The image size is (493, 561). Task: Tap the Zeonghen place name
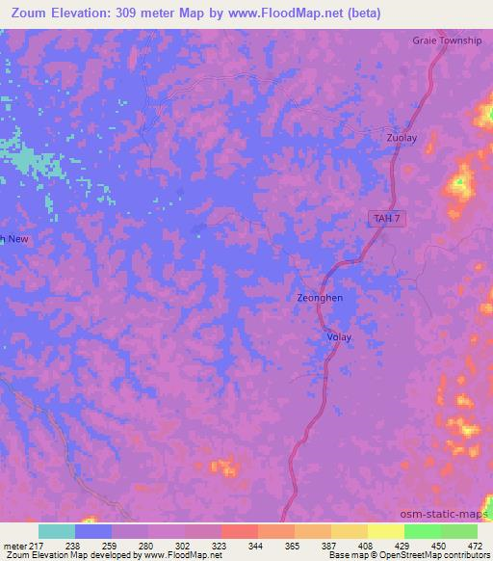pos(320,298)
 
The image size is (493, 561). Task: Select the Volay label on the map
pos(339,337)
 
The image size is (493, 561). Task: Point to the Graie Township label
pos(447,40)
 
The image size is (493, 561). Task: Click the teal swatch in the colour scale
pos(57,531)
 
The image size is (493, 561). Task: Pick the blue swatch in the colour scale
pos(93,531)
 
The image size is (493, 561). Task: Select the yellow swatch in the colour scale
pos(386,531)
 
